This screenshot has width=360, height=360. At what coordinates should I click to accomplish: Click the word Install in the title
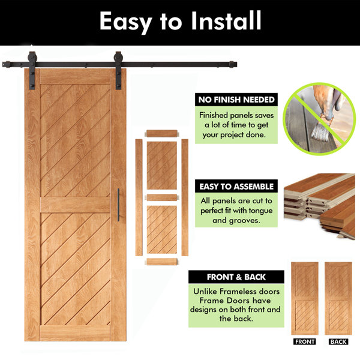pyautogui.click(x=226, y=20)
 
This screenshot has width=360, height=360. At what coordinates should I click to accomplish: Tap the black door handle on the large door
pyautogui.click(x=118, y=205)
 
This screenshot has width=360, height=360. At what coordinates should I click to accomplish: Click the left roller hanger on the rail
pyautogui.click(x=32, y=70)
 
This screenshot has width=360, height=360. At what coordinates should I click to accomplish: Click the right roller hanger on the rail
pyautogui.click(x=118, y=70)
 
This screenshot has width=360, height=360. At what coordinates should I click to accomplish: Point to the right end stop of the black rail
pyautogui.click(x=233, y=64)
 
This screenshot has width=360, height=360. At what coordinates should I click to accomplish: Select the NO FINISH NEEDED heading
pyautogui.click(x=236, y=100)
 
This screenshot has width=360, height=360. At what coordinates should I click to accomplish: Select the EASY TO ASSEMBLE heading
pyautogui.click(x=236, y=186)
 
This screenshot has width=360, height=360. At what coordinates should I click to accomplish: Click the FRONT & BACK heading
pyautogui.click(x=236, y=277)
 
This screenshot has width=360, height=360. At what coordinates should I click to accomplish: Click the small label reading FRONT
pyautogui.click(x=305, y=341)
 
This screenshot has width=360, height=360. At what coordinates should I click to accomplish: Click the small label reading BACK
pyautogui.click(x=338, y=341)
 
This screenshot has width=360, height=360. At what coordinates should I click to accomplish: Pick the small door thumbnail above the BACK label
pyautogui.click(x=338, y=298)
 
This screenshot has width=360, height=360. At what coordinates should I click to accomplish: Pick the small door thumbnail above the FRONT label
pyautogui.click(x=305, y=298)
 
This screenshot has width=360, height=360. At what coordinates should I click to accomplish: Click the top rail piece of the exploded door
pyautogui.click(x=162, y=133)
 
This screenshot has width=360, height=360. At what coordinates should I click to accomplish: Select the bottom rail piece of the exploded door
pyautogui.click(x=162, y=262)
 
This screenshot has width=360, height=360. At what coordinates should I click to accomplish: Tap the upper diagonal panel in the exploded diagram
pyautogui.click(x=162, y=166)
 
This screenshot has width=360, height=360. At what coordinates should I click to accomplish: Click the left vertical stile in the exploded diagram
pyautogui.click(x=139, y=197)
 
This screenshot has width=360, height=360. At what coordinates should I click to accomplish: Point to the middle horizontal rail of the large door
pyautogui.click(x=76, y=205)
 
